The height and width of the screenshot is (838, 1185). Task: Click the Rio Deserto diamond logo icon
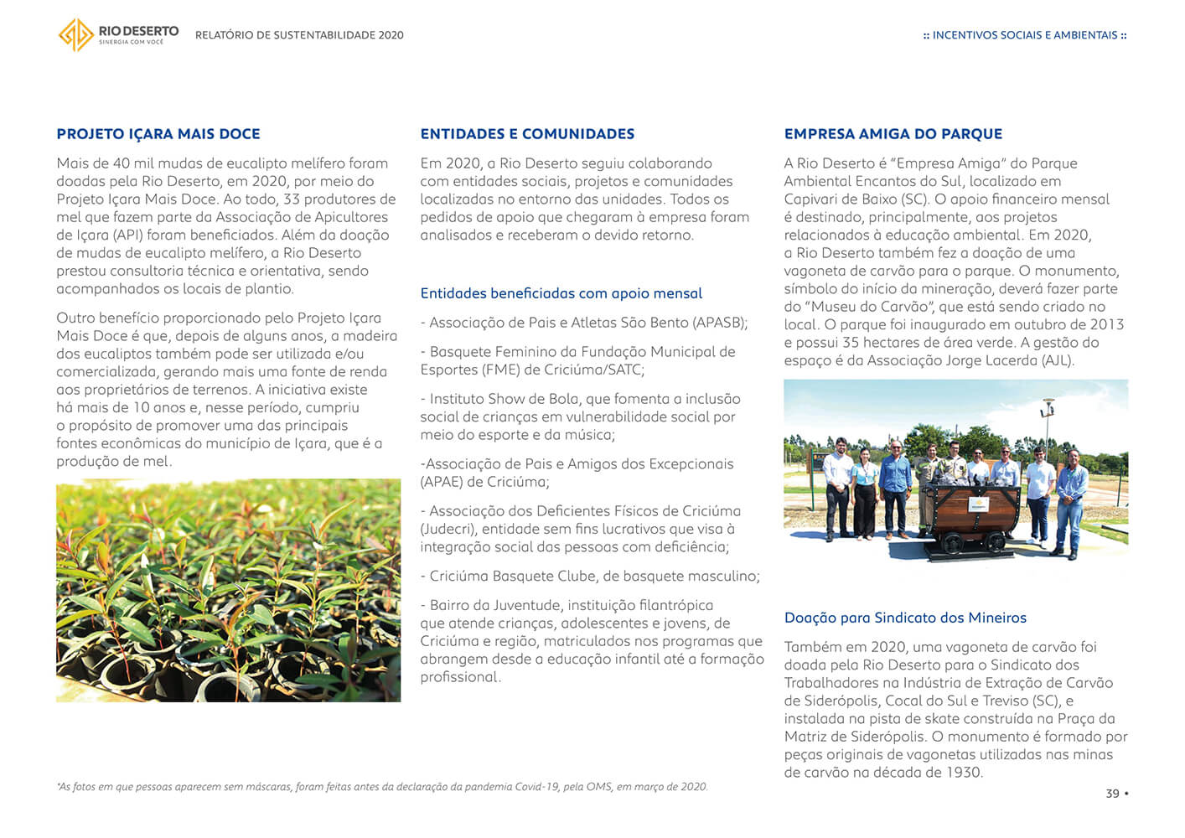75,35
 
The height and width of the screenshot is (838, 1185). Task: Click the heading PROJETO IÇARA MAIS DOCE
158,134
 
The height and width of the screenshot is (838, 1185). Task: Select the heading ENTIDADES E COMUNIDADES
527,134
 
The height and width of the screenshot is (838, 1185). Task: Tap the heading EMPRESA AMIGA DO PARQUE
893,134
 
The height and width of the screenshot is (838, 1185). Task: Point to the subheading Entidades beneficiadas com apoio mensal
561,293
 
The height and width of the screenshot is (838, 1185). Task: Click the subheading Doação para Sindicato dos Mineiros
905,618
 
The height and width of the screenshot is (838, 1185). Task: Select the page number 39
1112,794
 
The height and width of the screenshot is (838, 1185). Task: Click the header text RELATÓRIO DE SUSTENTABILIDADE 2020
299,35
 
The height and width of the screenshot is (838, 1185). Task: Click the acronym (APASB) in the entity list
719,323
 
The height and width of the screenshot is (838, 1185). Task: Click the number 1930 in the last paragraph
961,773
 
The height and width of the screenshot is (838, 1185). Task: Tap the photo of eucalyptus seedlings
228,590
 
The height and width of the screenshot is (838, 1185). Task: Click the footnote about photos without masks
382,787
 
